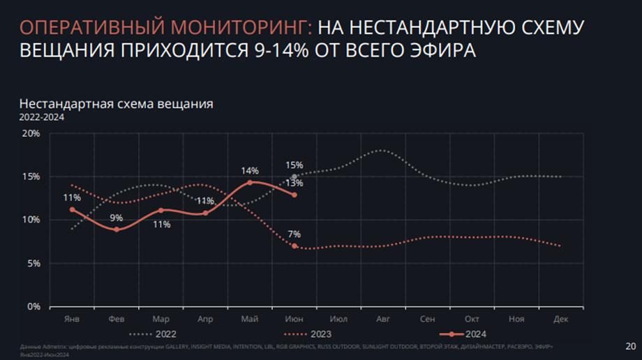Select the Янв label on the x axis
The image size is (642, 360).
(71, 318)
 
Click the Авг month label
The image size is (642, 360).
(382, 318)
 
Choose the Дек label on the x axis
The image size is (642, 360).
(560, 318)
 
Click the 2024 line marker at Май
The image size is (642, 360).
(250, 183)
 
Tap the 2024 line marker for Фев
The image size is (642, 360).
(117, 230)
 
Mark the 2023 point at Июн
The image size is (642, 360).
(294, 246)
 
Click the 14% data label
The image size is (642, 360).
(250, 170)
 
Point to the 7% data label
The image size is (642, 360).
(294, 234)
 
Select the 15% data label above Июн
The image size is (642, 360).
(294, 165)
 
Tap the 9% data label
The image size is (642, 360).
(116, 218)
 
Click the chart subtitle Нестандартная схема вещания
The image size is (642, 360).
(116, 104)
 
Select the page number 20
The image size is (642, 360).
(630, 345)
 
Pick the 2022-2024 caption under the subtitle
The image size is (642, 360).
(42, 117)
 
